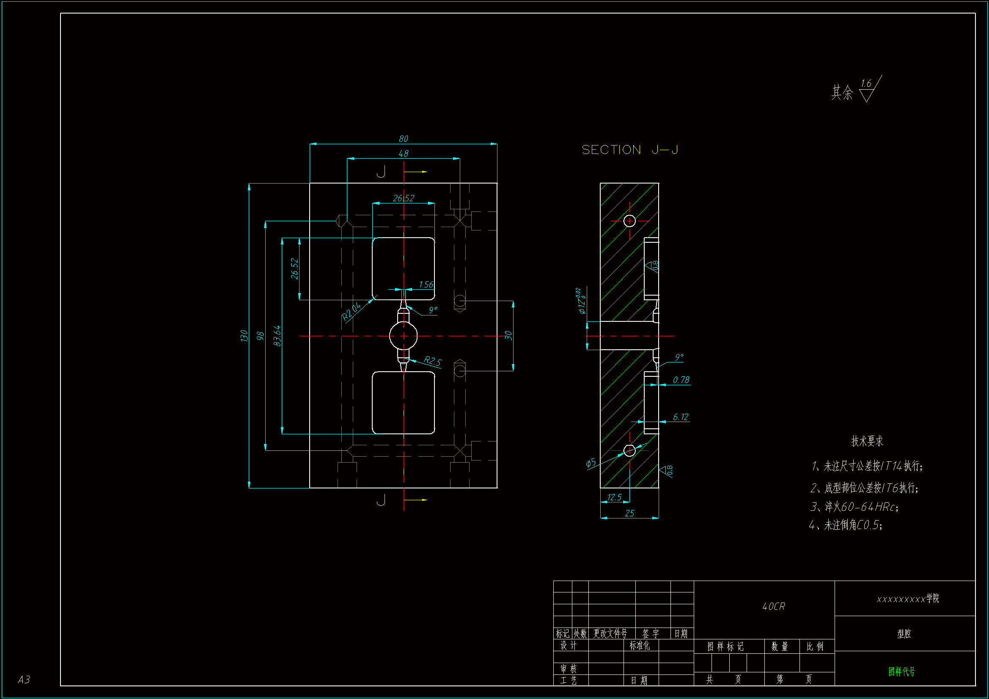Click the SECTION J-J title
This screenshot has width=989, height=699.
point(630,150)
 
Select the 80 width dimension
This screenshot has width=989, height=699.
point(403,139)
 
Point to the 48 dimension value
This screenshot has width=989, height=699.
point(403,154)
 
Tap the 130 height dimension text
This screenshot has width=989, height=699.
point(244,335)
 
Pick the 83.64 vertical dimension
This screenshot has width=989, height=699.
point(277,335)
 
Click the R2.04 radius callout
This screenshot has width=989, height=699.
point(351,311)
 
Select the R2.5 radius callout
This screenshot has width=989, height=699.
point(432,361)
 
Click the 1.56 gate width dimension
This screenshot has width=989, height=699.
point(426,285)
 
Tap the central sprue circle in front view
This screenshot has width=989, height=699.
point(403,336)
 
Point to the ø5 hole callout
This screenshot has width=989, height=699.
point(591,463)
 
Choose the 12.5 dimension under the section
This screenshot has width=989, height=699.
point(614,497)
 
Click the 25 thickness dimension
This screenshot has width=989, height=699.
point(629,513)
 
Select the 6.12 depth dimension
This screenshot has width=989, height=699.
point(681,417)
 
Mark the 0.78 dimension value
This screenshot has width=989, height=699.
point(681,380)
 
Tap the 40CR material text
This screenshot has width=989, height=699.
point(774,606)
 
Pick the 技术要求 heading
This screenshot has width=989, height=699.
point(867,441)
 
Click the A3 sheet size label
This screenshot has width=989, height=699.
point(24,680)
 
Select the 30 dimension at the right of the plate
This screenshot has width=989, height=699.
point(509,335)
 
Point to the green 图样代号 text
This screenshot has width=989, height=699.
point(901,672)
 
